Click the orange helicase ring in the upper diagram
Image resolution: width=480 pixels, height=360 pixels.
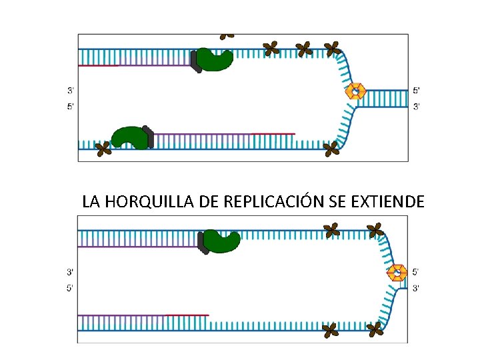(356, 91)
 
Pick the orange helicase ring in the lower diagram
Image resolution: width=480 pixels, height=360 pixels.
(398, 273)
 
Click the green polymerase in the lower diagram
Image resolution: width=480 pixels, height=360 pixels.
(222, 241)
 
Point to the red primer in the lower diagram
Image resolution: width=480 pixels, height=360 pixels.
(187, 315)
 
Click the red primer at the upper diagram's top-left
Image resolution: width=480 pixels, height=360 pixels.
(98, 65)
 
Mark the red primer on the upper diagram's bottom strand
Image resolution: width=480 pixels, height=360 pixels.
(273, 134)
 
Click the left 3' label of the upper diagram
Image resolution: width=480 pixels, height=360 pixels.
(71, 90)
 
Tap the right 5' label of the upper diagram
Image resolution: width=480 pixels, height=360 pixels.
(417, 90)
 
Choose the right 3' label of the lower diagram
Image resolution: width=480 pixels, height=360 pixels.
(417, 288)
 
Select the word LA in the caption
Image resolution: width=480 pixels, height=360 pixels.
(91, 201)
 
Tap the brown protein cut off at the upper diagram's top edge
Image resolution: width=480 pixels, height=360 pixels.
(228, 35)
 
